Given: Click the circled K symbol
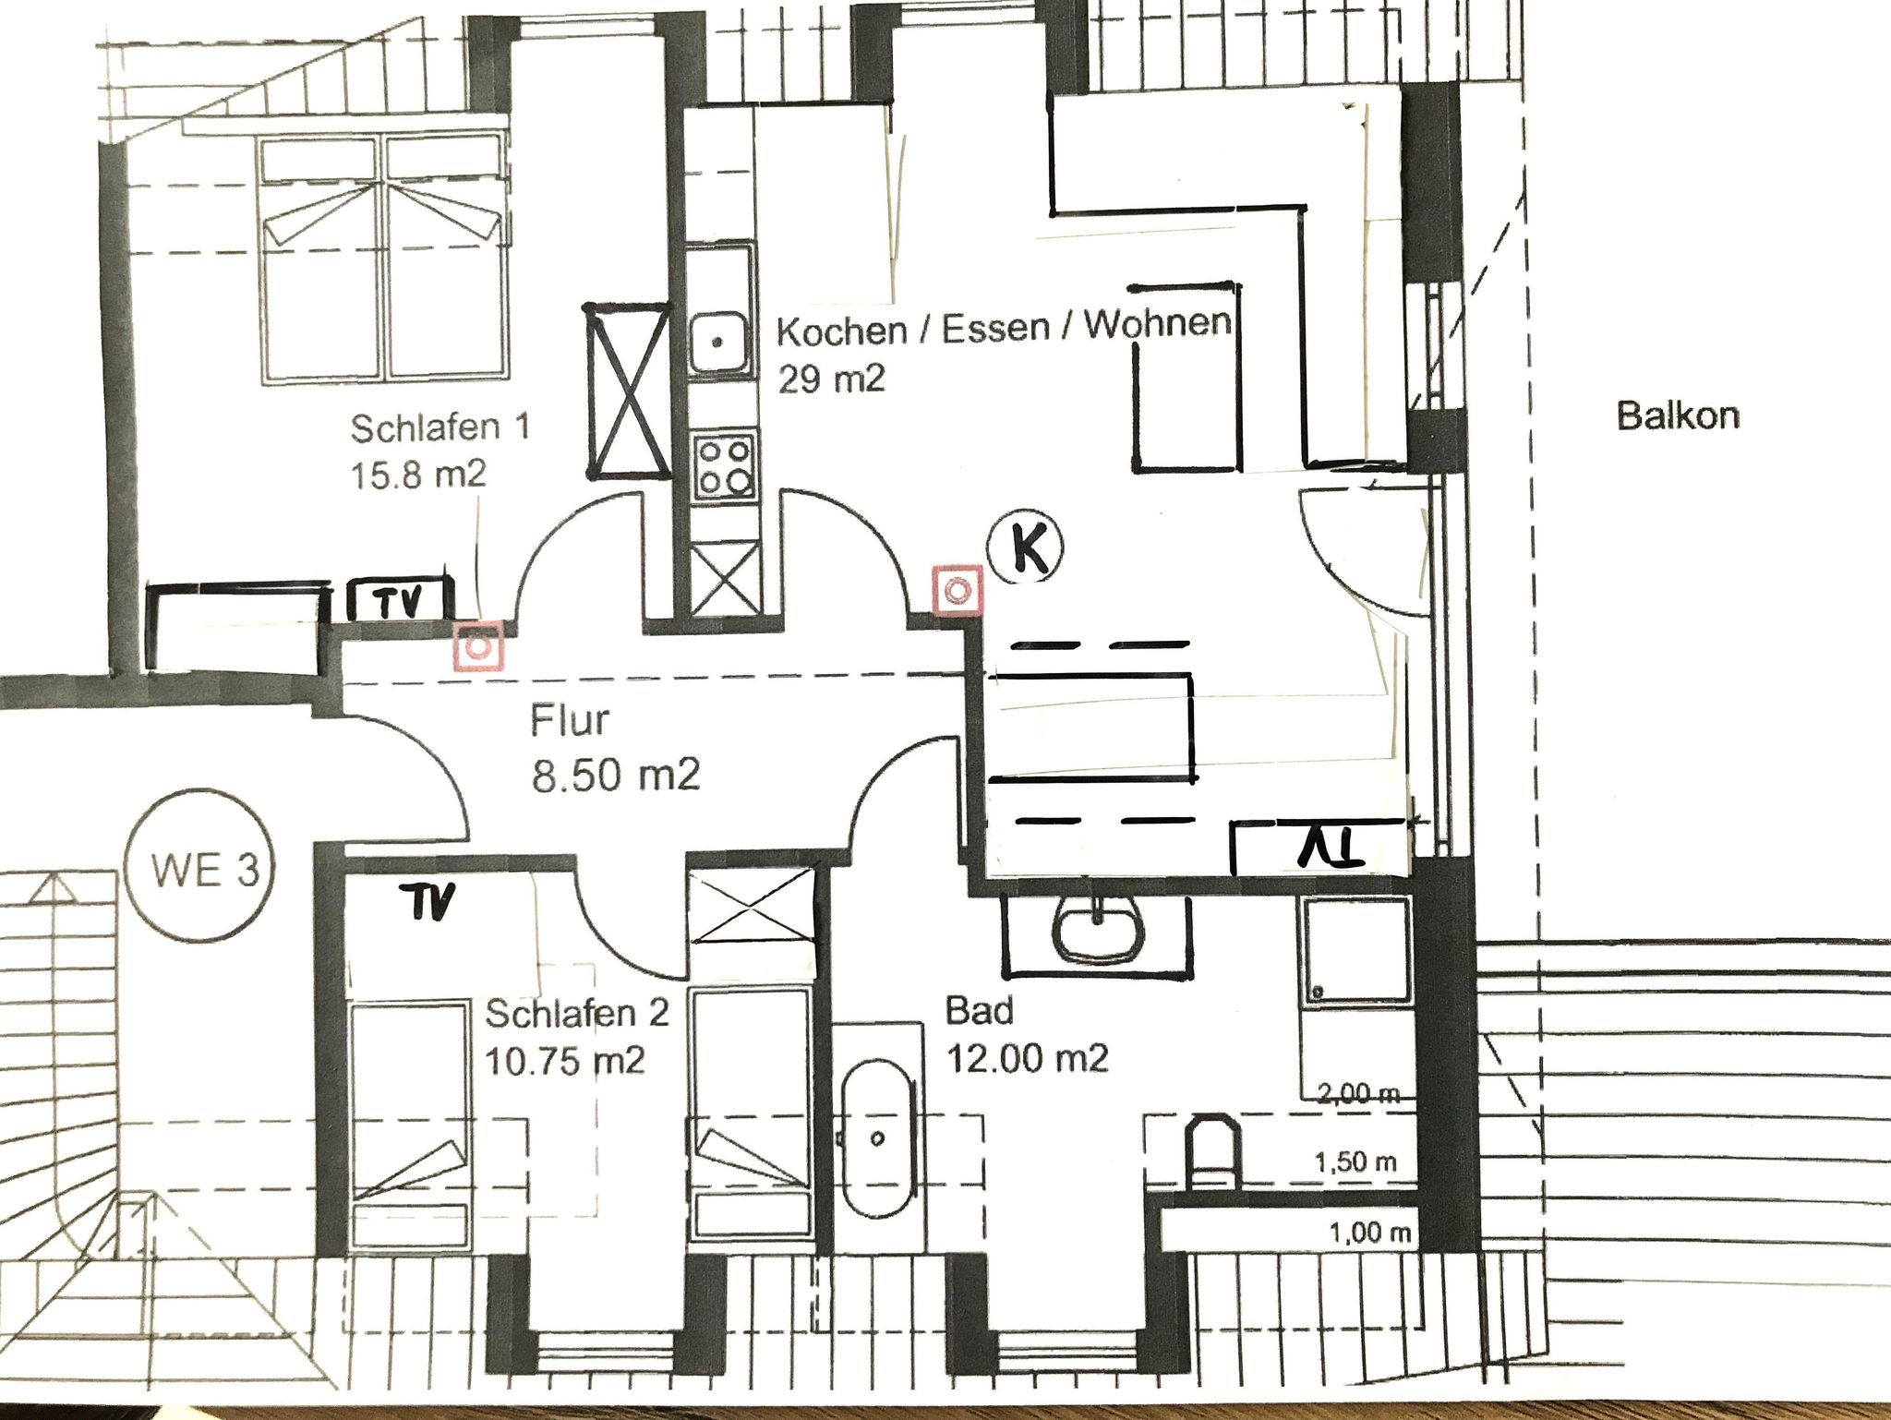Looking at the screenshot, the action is pyautogui.click(x=1025, y=549).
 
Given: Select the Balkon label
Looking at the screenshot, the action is pyautogui.click(x=1677, y=415).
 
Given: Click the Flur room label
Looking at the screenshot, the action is pyautogui.click(x=571, y=720).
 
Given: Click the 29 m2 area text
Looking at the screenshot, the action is pyautogui.click(x=831, y=378).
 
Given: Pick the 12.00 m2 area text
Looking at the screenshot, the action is pyautogui.click(x=1028, y=1057).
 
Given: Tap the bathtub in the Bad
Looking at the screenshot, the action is pyautogui.click(x=877, y=1137).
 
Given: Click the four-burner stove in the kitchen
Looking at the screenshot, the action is pyautogui.click(x=726, y=467).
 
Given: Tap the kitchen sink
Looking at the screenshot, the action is pyautogui.click(x=720, y=342).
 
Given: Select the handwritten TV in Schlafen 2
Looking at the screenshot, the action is pyautogui.click(x=427, y=901).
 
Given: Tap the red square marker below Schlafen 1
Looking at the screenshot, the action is pyautogui.click(x=478, y=645).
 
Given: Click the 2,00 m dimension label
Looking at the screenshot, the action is pyautogui.click(x=1357, y=1095).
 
